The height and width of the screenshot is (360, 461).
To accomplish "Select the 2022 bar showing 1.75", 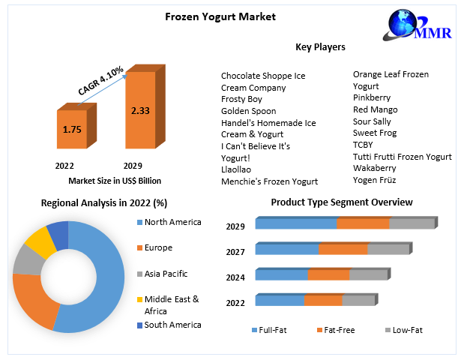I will point(72,130).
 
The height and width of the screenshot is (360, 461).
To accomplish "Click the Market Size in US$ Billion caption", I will point(115,181).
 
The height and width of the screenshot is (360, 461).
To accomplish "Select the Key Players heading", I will point(320,46).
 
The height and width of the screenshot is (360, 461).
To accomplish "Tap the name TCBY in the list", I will point(364,145).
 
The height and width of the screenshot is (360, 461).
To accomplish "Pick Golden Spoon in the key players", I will point(249,111).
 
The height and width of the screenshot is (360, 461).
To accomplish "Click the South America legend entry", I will point(172,325).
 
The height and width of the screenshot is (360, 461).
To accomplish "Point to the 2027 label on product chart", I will point(236,252).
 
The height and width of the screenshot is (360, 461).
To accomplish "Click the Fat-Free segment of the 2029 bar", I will point(363,223).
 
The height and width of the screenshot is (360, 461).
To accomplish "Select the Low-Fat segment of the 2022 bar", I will point(358,301).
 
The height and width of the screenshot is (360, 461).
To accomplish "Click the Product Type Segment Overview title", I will point(341,202).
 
